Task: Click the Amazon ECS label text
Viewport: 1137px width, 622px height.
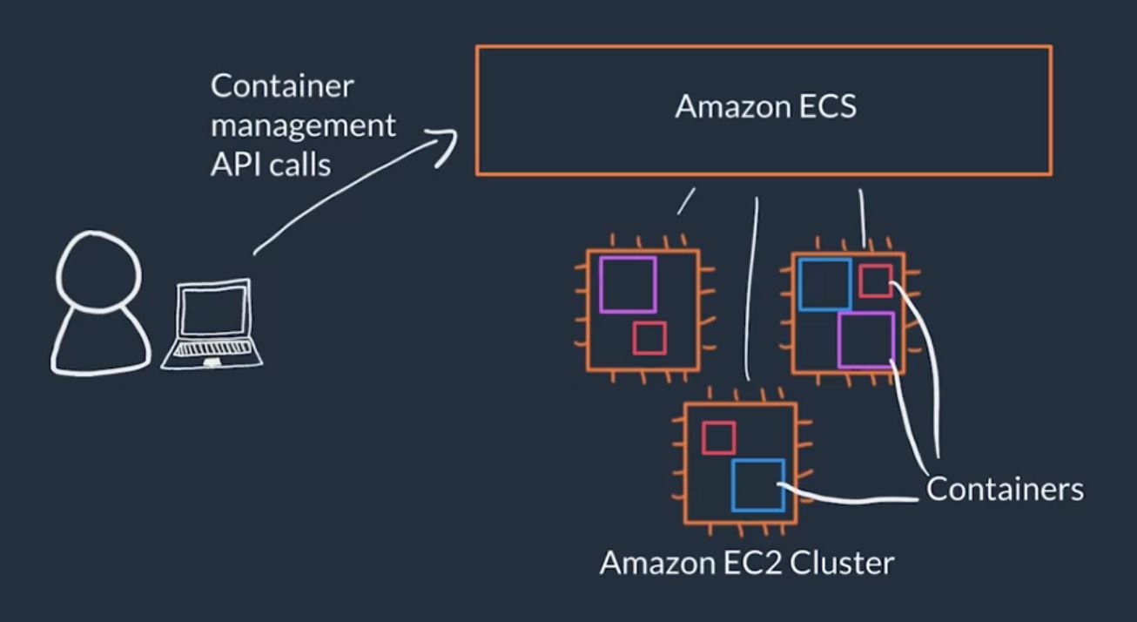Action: click(x=765, y=107)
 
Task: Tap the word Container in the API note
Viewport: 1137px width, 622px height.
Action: click(x=282, y=86)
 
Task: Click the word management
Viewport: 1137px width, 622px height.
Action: click(x=303, y=125)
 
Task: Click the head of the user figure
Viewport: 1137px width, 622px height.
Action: click(x=98, y=270)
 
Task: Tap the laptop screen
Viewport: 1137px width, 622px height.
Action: click(x=212, y=311)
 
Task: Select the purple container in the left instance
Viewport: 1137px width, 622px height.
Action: click(x=628, y=284)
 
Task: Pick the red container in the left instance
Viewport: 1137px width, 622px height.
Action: click(x=649, y=338)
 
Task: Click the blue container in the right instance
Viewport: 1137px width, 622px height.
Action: click(x=824, y=284)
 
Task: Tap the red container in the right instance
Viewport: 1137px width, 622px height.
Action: click(x=875, y=281)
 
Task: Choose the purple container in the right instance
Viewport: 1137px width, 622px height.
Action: click(x=866, y=340)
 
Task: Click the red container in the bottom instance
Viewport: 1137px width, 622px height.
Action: click(x=718, y=437)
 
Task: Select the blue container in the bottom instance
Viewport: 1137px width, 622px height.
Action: click(x=757, y=484)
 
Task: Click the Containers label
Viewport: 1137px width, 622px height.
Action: click(x=1005, y=489)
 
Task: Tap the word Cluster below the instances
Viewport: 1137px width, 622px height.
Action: click(x=841, y=563)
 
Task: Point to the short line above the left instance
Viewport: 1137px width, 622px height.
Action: click(x=686, y=201)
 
